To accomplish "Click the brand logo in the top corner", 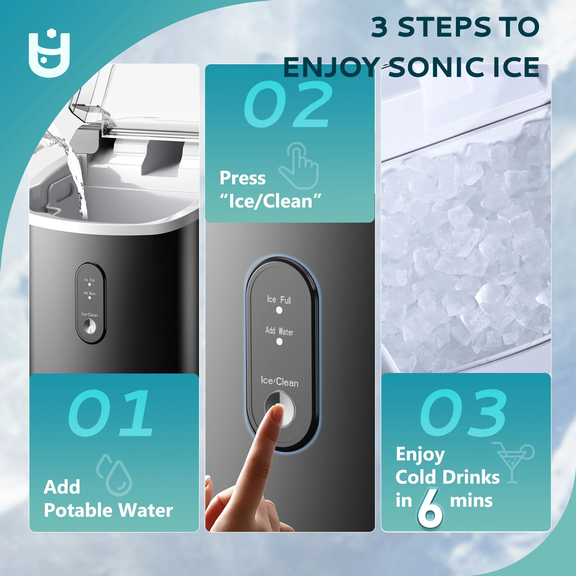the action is pyautogui.click(x=49, y=53).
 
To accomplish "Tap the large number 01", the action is pyautogui.click(x=111, y=413).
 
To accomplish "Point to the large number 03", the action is pyautogui.click(x=463, y=413).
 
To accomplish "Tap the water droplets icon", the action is pyautogui.click(x=114, y=475).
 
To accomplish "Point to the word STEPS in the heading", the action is pyautogui.click(x=444, y=27).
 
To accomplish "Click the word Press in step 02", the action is pyautogui.click(x=242, y=178).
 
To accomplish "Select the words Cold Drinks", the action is pyautogui.click(x=448, y=477).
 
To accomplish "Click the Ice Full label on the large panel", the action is pyautogui.click(x=279, y=300).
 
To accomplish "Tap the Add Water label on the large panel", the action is pyautogui.click(x=279, y=331).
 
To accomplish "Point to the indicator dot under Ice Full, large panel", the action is pyautogui.click(x=279, y=310).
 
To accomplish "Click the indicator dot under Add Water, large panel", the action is pyautogui.click(x=279, y=342).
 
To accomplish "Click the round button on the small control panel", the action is pyautogui.click(x=90, y=327).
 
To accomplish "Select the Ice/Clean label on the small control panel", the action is pyautogui.click(x=90, y=314).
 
